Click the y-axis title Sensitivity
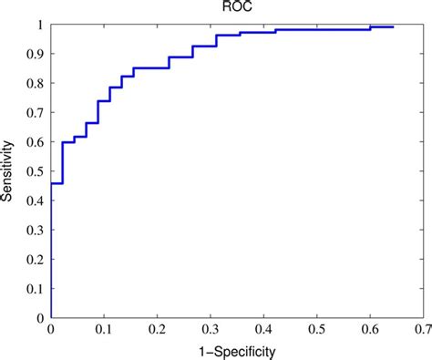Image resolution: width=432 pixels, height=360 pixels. tap(10, 171)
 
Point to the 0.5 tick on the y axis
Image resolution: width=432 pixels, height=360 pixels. tap(36, 171)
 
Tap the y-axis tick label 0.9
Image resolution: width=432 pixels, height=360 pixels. tap(36, 54)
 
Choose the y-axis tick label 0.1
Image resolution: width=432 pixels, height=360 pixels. tap(36, 288)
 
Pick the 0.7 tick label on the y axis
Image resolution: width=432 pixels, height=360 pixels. tap(36, 113)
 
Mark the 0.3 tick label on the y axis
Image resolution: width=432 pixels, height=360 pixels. tap(36, 230)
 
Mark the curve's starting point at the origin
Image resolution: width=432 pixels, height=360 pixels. tap(51, 317)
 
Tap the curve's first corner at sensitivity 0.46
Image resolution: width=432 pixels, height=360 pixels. tap(51, 183)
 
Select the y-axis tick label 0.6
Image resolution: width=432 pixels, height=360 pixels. tap(36, 142)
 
